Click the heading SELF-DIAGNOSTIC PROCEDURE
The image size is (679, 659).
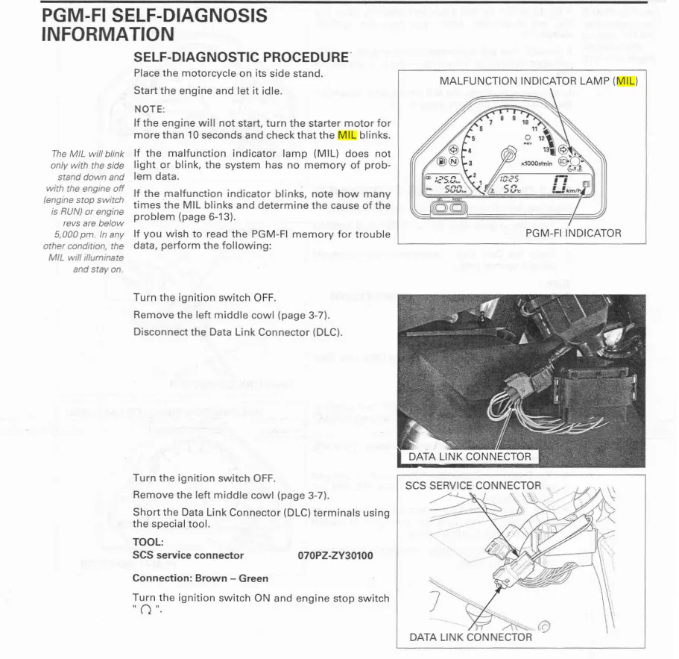click(241, 57)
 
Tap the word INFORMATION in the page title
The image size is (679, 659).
click(107, 34)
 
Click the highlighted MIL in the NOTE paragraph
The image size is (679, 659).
click(347, 135)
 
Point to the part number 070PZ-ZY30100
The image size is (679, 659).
click(335, 555)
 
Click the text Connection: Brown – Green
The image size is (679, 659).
click(200, 578)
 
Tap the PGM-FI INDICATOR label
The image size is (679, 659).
click(573, 234)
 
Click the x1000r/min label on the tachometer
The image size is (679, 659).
click(537, 163)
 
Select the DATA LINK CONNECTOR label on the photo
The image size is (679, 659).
click(470, 457)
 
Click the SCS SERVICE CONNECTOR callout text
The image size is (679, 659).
click(473, 485)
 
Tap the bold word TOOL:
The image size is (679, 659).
click(148, 543)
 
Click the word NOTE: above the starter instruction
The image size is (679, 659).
click(149, 109)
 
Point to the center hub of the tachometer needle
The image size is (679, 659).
click(508, 155)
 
